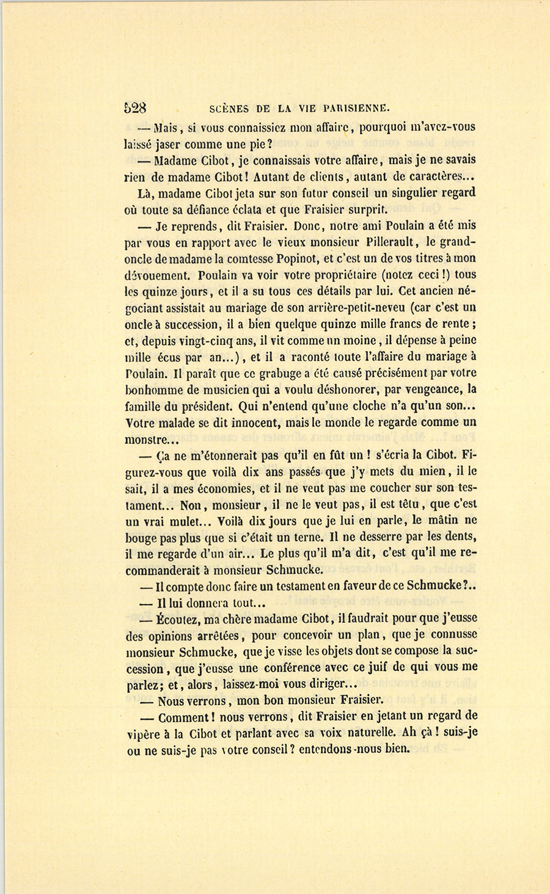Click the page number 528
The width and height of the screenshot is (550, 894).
[x=135, y=108]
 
